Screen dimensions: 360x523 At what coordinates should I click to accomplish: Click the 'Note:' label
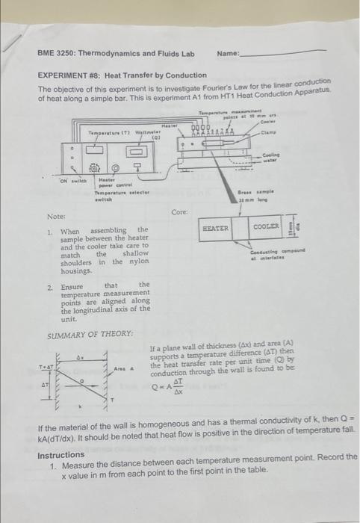(x=56, y=216)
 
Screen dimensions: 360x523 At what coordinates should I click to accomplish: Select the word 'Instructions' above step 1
(x=60, y=455)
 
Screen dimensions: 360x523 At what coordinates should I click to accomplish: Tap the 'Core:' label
(x=179, y=212)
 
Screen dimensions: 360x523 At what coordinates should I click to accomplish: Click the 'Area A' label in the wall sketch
(x=123, y=368)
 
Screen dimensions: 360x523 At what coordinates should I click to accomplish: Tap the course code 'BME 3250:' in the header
(x=58, y=54)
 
